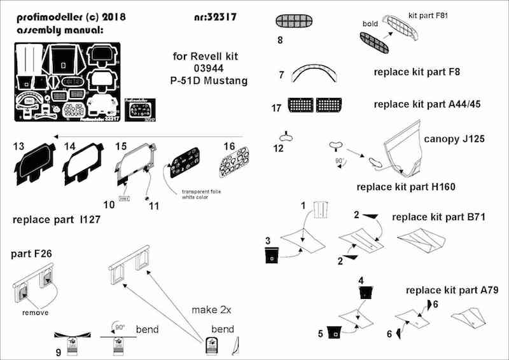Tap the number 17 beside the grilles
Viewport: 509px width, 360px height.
click(x=276, y=107)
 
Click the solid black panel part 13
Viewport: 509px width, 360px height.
click(x=32, y=167)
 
